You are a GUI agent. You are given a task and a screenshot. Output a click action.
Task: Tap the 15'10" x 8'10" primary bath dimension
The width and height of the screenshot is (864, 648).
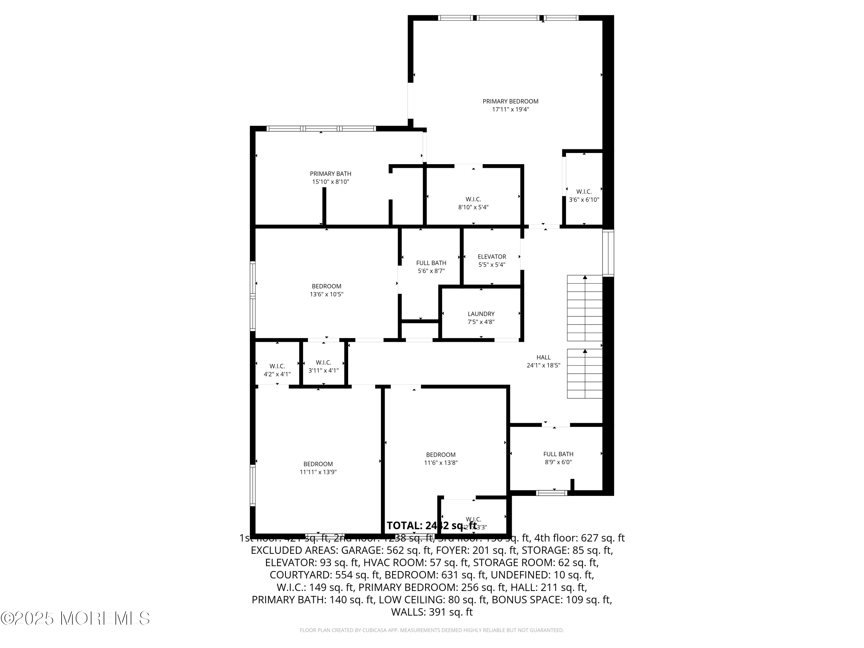click(330, 182)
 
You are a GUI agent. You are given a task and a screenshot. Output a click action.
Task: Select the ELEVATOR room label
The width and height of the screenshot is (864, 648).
click(492, 257)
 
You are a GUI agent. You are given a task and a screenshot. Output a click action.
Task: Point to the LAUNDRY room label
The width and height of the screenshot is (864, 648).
click(481, 314)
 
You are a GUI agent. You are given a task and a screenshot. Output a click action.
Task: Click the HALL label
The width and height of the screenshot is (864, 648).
click(543, 357)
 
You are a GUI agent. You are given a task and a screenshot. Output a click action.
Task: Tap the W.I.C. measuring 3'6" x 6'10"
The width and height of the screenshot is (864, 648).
click(583, 196)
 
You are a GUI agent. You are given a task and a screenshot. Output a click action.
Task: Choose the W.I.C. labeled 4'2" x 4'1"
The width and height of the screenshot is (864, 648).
click(277, 370)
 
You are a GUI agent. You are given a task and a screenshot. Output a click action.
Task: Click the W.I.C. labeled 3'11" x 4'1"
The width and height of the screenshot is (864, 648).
click(323, 366)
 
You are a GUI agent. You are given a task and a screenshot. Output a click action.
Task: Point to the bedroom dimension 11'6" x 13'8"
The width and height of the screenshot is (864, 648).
click(441, 463)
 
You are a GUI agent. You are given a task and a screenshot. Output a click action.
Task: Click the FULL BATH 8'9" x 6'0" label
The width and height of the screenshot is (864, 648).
click(558, 458)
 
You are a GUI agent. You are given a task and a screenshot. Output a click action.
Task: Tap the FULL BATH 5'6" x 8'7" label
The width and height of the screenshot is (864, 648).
click(431, 267)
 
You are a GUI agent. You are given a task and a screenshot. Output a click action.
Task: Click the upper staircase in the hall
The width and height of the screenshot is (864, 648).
click(584, 308)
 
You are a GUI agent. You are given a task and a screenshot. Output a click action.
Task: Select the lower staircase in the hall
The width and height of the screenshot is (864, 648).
click(584, 374)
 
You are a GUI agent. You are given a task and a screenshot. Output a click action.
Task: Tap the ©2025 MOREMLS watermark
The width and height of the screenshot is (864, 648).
click(75, 618)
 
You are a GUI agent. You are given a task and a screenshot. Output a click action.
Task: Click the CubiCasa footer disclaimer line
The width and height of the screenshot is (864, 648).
click(432, 630)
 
